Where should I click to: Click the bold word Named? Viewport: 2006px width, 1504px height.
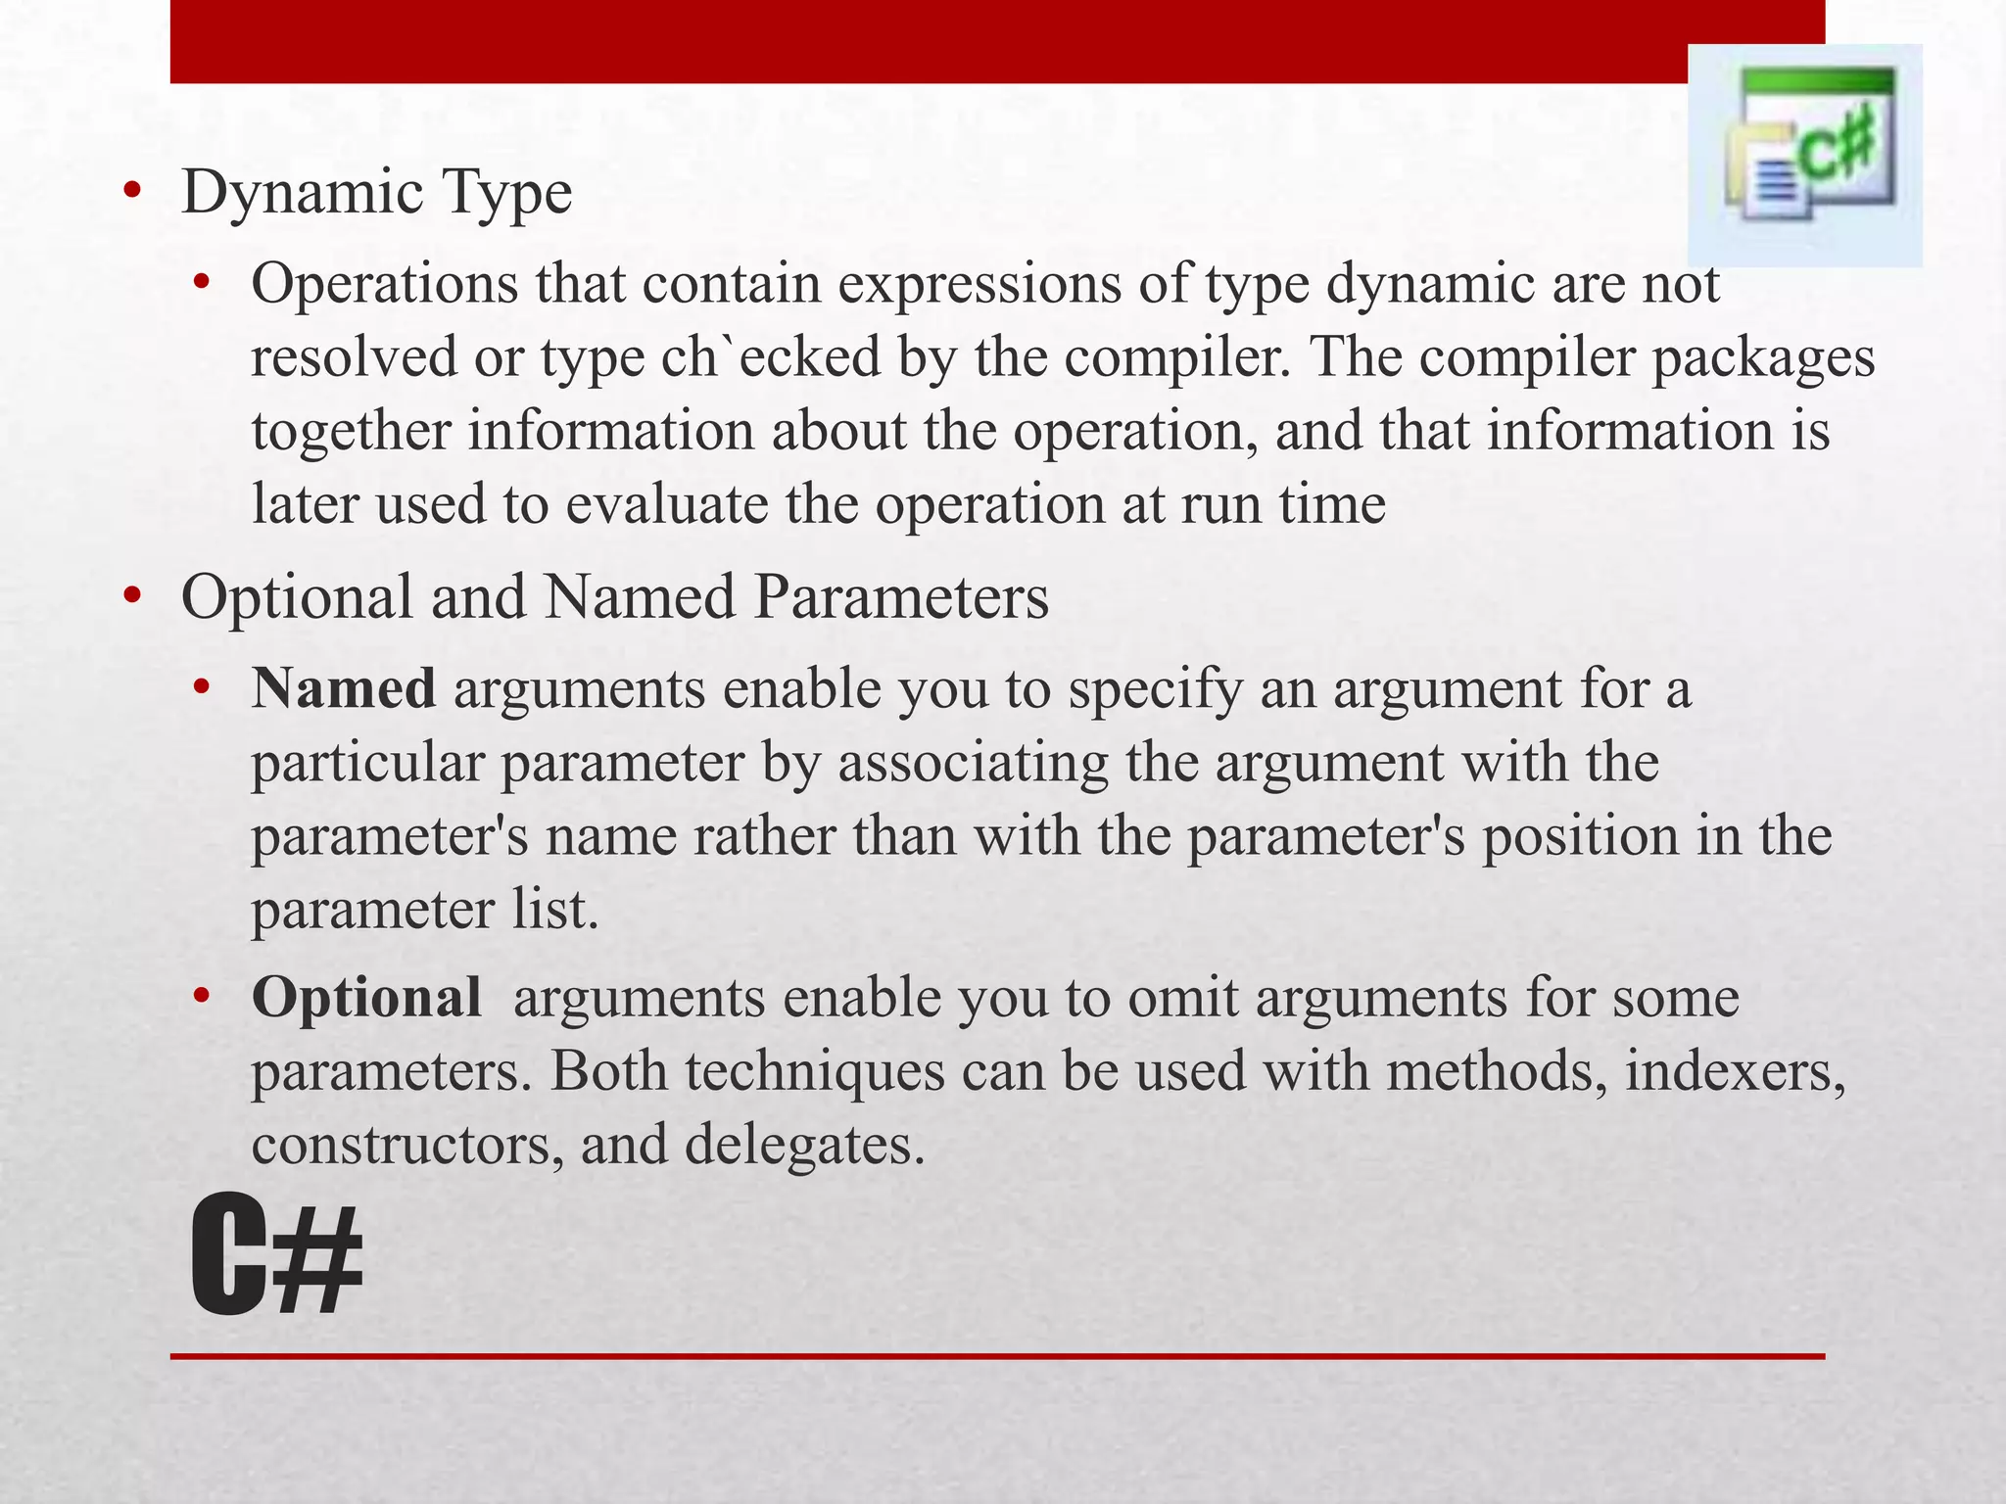[343, 687]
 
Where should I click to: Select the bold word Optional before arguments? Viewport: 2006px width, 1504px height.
[366, 997]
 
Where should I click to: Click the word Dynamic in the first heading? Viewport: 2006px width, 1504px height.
[302, 192]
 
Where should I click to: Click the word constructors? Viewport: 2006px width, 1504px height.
[406, 1144]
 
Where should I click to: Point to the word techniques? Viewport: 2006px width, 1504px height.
[815, 1071]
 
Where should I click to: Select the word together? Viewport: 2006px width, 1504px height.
[351, 432]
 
